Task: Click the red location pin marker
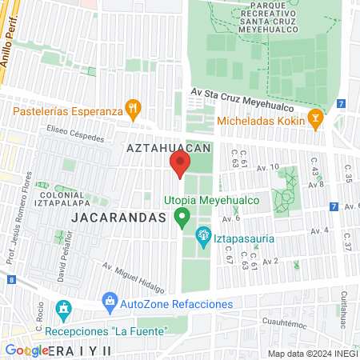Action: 180,166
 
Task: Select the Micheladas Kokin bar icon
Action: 316,120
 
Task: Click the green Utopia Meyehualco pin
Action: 182,215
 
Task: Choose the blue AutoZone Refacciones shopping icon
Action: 110,303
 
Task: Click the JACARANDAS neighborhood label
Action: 118,218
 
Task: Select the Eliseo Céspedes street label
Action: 75,135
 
